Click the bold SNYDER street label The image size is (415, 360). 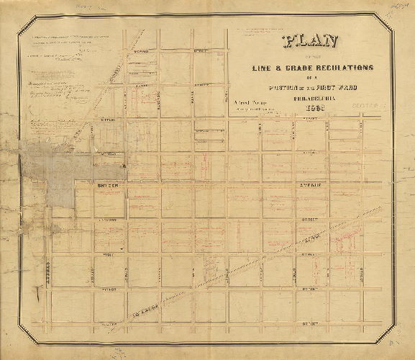coord(106,185)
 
